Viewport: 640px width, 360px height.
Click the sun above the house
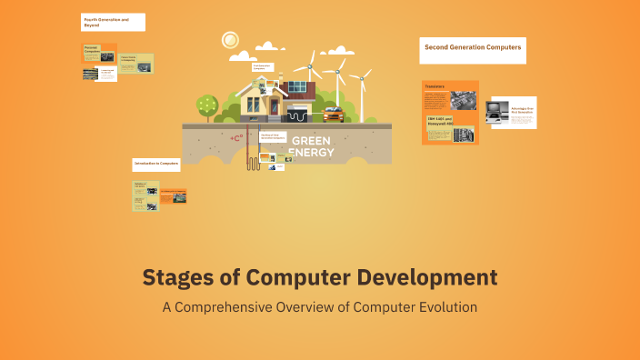click(230, 40)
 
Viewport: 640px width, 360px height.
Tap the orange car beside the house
click(333, 114)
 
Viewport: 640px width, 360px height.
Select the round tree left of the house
click(207, 104)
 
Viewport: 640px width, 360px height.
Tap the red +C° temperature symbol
click(236, 138)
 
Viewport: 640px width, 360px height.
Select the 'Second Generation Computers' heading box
click(473, 49)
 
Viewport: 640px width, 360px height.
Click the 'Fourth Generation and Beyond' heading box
click(113, 22)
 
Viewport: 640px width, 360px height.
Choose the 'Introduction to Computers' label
click(156, 165)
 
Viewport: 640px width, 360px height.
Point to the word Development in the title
click(422, 276)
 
